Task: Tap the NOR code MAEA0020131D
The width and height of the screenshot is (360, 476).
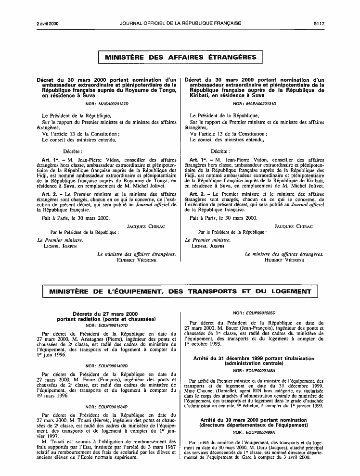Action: pos(262,104)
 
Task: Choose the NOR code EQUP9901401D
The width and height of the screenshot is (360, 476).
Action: pos(114,325)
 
